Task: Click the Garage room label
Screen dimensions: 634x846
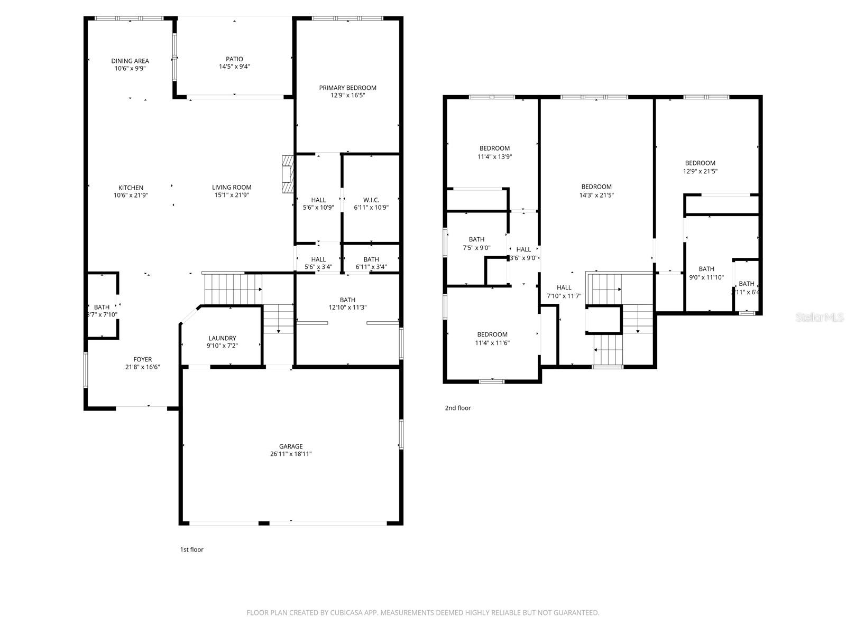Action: (291, 446)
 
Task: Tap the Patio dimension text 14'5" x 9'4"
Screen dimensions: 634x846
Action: (234, 67)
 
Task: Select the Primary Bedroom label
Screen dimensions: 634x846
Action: (347, 88)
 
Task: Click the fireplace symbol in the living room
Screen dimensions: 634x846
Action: (288, 174)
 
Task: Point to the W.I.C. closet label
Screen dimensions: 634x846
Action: (371, 200)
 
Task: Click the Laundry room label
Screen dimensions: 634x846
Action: (222, 338)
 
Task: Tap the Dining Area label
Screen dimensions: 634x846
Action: (130, 61)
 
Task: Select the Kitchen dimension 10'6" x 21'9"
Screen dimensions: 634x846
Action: (131, 195)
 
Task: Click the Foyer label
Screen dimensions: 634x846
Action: (142, 359)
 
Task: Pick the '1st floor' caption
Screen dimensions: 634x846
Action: (191, 549)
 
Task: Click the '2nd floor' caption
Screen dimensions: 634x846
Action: (457, 408)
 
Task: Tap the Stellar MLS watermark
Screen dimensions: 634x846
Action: (820, 317)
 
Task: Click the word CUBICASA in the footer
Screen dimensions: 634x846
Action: (345, 613)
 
